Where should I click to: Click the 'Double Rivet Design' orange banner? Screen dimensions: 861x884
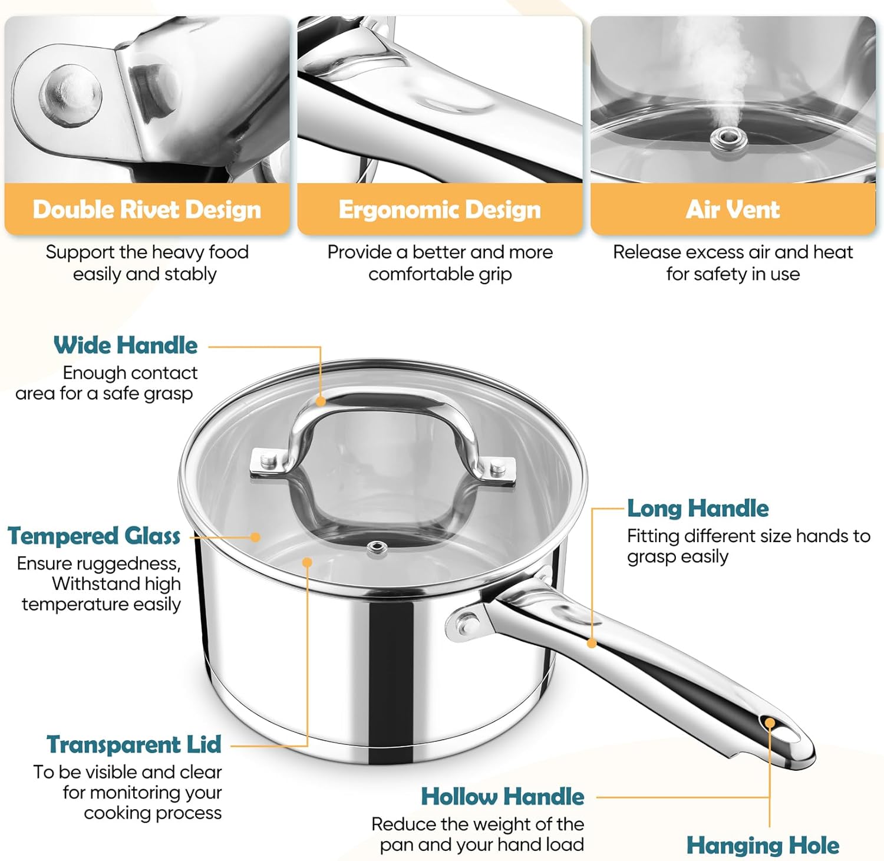pos(147,210)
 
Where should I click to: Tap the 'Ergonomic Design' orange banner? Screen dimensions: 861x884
pos(440,210)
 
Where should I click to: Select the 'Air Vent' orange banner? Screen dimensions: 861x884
pos(733,210)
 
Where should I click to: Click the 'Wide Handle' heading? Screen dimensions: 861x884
pos(126,345)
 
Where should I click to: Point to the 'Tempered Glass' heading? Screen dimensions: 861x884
pos(94,536)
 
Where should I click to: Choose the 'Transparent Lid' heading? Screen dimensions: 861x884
pos(134,744)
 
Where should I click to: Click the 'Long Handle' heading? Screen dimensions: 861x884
pos(698,508)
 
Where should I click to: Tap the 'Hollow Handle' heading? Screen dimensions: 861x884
pos(503,797)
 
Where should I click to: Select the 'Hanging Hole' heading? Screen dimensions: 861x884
pos(763,846)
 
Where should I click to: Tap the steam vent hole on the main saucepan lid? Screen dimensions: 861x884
pos(377,548)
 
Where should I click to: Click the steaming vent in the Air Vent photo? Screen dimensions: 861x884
pos(729,139)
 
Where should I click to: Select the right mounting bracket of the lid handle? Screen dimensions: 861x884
pos(499,469)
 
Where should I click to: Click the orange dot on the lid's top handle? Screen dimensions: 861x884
pos(321,401)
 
